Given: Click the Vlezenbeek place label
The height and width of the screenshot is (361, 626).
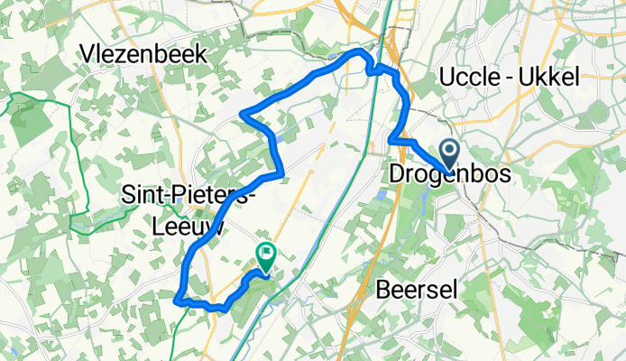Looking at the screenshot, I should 143,54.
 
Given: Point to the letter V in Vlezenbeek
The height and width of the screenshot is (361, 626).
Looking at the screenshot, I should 87,54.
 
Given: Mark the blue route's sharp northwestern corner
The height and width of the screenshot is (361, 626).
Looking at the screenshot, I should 243,113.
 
